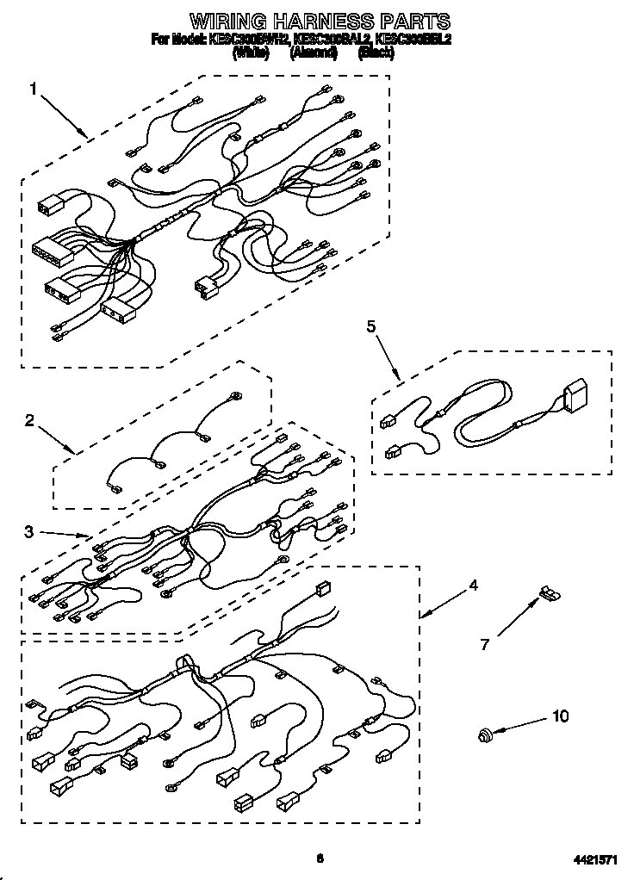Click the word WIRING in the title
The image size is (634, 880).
(x=228, y=22)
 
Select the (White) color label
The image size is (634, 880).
(x=251, y=53)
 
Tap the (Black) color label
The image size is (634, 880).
(x=376, y=53)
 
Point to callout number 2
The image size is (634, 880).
(x=29, y=421)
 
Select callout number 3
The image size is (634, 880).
(x=29, y=531)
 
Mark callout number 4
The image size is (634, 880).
(x=473, y=586)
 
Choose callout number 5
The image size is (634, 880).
(x=371, y=325)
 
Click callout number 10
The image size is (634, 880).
(x=560, y=716)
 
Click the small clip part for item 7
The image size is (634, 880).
(x=548, y=593)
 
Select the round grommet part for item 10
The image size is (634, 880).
(x=486, y=734)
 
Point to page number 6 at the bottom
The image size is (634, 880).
(x=319, y=858)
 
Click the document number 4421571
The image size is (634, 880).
(x=595, y=859)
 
